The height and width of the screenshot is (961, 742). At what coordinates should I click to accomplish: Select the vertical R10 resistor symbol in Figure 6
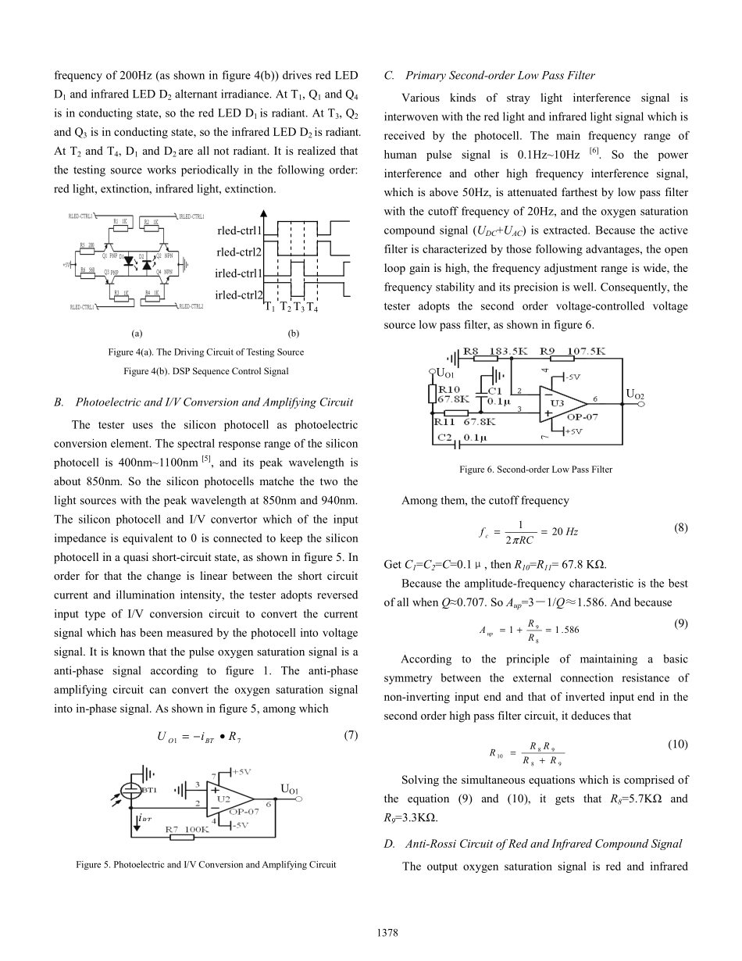point(432,393)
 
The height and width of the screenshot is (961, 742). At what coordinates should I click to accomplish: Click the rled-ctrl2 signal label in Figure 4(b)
point(239,252)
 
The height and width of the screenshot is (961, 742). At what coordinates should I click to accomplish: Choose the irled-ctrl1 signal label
point(238,273)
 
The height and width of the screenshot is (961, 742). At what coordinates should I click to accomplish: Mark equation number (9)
point(680,602)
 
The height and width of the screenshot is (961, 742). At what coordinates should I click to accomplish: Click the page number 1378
point(370,931)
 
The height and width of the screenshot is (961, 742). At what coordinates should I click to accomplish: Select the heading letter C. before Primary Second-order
point(389,76)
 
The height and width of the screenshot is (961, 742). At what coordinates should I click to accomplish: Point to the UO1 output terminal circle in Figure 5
point(298,799)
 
